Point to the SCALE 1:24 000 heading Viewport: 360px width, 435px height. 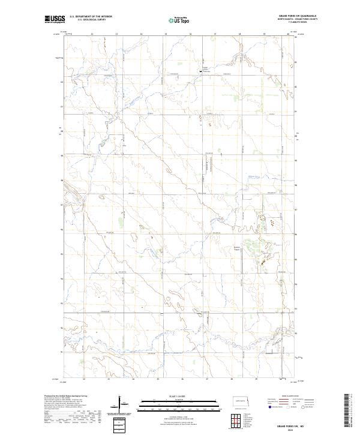(171, 395)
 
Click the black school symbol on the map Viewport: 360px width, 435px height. (200, 73)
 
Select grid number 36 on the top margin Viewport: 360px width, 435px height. (190, 34)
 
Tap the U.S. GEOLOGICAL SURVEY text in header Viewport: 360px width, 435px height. (86, 20)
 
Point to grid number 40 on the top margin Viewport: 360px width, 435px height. (288, 34)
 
